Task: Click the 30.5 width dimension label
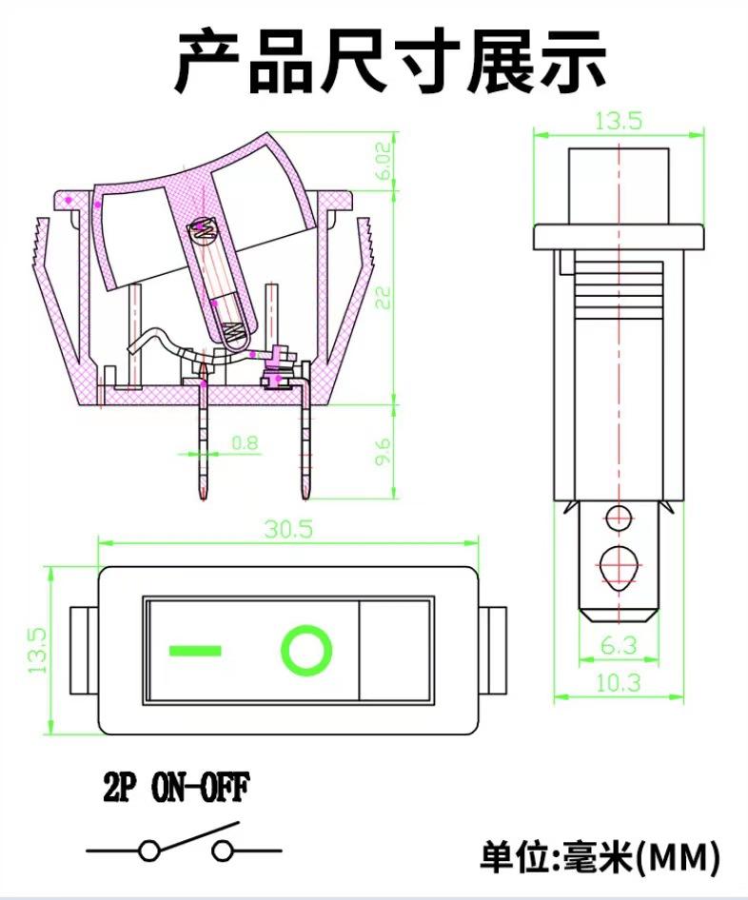(288, 529)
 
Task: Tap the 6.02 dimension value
(383, 160)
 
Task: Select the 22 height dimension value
(383, 297)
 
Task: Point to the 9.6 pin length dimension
(383, 452)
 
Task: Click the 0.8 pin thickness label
(246, 442)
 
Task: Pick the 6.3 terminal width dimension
(619, 646)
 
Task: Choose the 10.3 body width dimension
(619, 682)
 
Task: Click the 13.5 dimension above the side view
(619, 121)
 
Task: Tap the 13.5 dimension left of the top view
(37, 651)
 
